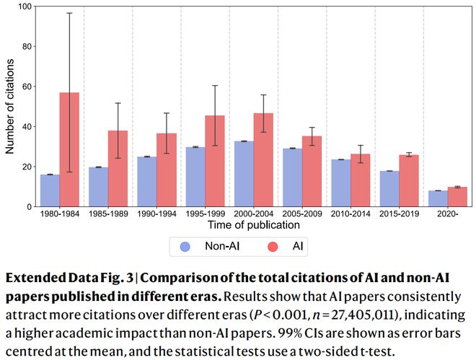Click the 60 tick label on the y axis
pyautogui.click(x=27, y=87)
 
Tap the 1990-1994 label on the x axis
pyautogui.click(x=156, y=214)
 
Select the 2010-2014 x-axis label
pyautogui.click(x=351, y=214)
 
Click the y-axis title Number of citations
pyautogui.click(x=12, y=106)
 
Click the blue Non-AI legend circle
pyautogui.click(x=185, y=247)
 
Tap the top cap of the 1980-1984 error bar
pyautogui.click(x=69, y=13)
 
